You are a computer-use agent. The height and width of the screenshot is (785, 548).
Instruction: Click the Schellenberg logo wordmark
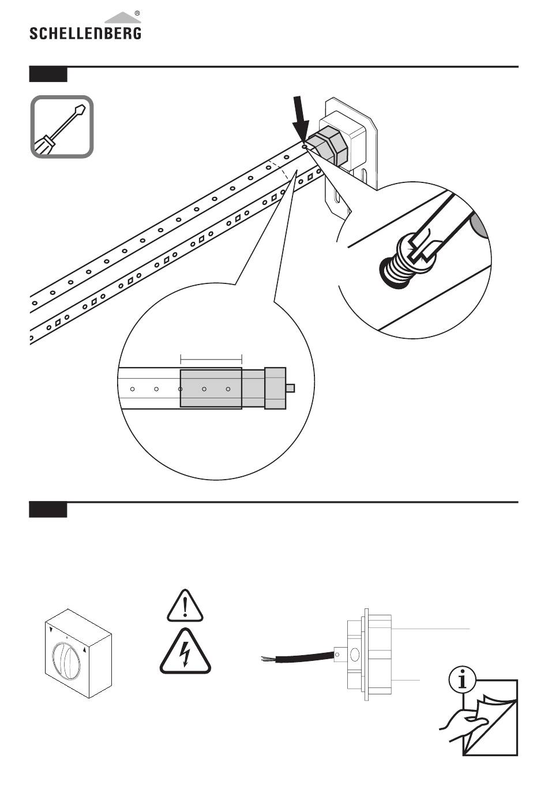tap(85, 33)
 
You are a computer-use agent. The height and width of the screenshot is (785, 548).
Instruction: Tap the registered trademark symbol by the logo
tap(137, 14)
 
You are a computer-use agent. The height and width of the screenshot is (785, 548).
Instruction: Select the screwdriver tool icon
tap(62, 126)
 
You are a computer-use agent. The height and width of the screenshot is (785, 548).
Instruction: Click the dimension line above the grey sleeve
tap(211, 359)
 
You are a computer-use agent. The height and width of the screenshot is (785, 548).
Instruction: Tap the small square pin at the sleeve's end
tap(290, 388)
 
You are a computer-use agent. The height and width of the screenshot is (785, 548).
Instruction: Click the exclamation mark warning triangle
tap(185, 606)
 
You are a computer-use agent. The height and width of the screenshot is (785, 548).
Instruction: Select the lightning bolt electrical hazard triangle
tap(185, 652)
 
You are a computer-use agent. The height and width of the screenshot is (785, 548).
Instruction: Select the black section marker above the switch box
tap(48, 510)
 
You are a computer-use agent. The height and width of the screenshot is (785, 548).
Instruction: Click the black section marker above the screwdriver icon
tap(48, 74)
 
